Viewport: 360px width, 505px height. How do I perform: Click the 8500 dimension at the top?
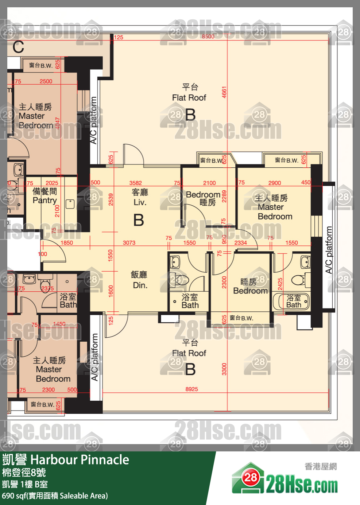point(208,36)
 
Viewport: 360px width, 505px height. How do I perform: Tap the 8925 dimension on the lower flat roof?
point(191,389)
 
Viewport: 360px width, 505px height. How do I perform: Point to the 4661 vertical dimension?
point(224,92)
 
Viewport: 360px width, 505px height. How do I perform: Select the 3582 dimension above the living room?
point(135,183)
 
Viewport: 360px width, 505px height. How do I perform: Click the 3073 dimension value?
point(129,242)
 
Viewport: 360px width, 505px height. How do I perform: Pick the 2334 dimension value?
point(240,242)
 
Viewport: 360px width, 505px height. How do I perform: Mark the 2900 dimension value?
point(274,183)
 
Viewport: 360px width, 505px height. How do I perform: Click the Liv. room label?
point(140,202)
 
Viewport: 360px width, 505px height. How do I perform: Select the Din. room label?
point(140,285)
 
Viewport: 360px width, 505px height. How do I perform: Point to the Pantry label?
point(44,200)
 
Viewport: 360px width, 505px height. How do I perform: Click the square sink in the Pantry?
point(70,204)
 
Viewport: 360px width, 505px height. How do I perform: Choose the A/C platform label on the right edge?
point(329,250)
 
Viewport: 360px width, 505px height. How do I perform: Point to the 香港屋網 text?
point(321,466)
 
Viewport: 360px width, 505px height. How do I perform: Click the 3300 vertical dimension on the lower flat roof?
point(224,369)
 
